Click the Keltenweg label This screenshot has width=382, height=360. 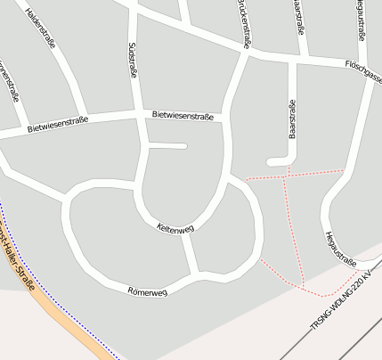175,227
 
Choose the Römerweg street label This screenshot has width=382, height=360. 147,291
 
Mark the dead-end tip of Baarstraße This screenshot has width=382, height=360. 272,162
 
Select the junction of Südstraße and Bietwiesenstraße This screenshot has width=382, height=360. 143,115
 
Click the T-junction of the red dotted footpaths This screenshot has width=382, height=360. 284,176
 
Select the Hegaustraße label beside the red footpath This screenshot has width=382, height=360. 341,249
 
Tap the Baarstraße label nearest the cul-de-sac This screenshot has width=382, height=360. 291,119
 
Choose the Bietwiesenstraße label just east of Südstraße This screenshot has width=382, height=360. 183,115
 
